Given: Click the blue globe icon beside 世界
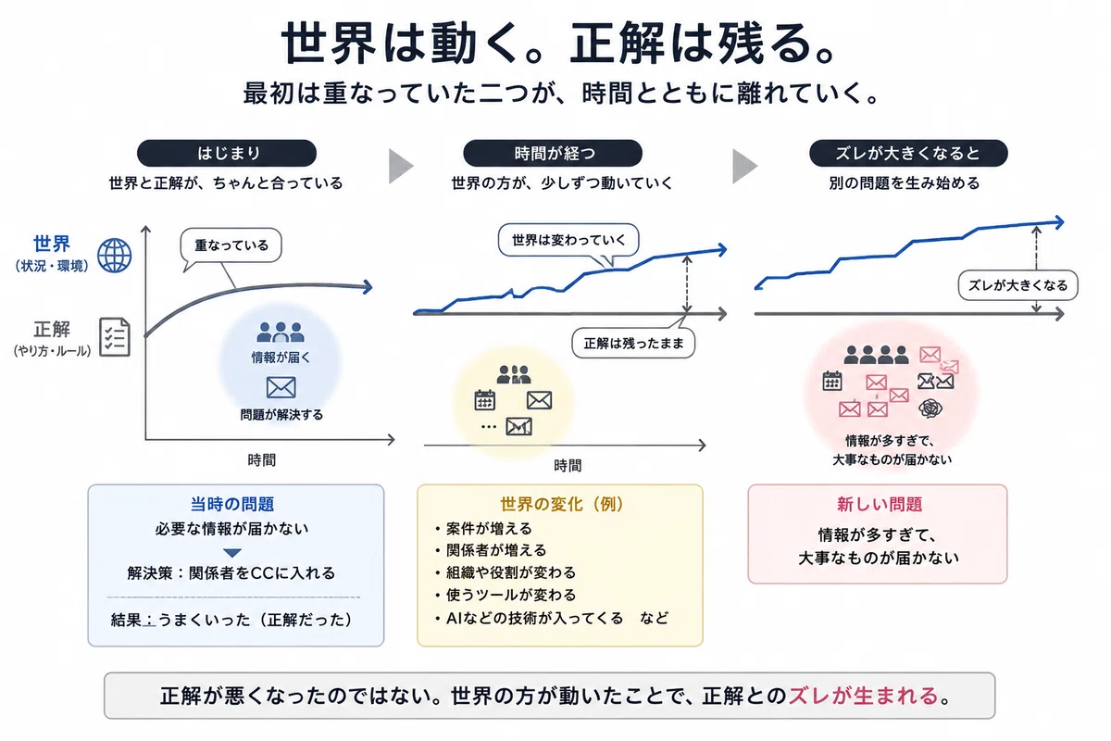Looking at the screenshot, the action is pos(115,256).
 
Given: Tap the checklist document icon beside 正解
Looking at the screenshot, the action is pos(115,337).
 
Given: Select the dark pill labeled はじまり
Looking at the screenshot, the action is pos(227,153).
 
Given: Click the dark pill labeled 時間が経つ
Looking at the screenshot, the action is pos(553,153).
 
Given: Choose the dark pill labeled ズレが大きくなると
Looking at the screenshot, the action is pos(908,153).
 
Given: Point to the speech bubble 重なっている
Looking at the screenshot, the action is pos(231,245).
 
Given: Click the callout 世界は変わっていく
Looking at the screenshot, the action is pos(568,240).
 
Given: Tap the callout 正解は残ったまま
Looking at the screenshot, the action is pos(633,343).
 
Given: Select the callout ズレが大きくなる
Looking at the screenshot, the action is pos(1017,285).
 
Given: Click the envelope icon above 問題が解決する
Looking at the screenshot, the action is pos(281,387).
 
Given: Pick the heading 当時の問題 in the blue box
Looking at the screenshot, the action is pos(232,504).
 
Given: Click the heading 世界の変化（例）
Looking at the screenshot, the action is pos(561,504).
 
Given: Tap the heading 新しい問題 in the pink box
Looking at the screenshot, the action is pos(880,504).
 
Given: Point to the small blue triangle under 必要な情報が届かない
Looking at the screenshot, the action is pos(232,552).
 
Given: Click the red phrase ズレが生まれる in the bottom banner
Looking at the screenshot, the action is pos(863,696).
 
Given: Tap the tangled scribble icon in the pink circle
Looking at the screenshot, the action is pos(930,408).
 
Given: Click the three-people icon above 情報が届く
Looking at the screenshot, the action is pos(281,332).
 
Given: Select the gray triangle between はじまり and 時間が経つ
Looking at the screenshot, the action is pos(400,166).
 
